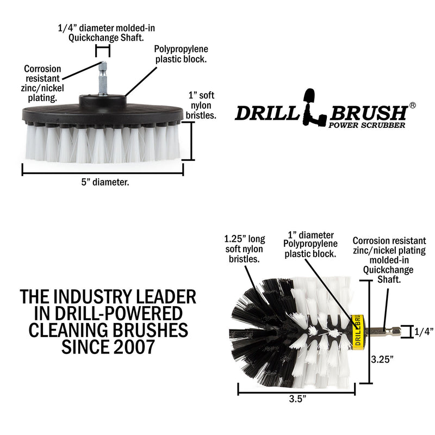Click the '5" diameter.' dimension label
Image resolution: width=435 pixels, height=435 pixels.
pos(102,183)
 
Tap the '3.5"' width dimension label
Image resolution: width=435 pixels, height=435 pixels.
pos(297,399)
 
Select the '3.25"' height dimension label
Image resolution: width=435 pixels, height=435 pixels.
pos(381,359)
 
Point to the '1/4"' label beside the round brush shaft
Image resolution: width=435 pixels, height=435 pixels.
pos(424,331)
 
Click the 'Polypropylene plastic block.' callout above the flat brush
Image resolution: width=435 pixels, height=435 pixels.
pos(177,54)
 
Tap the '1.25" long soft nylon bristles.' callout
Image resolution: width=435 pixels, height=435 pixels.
pos(244,248)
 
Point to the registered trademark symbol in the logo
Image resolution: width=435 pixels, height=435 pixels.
pos(412,105)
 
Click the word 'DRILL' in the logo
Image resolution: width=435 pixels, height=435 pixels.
pos(266,113)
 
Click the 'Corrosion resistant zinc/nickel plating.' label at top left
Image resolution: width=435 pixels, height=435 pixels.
pos(43,83)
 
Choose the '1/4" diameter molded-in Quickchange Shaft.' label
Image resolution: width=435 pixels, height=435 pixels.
pos(103,32)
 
